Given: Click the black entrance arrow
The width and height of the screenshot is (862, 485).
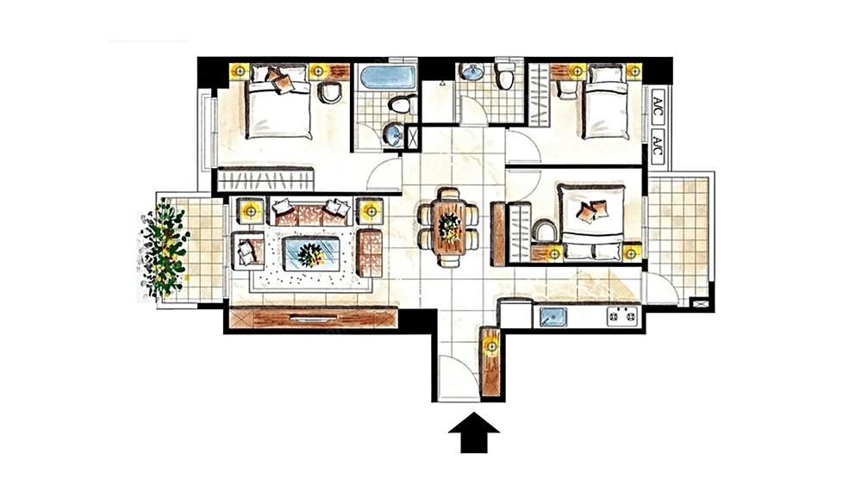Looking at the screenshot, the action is click(474, 432).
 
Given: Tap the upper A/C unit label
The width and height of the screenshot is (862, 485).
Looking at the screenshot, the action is click(658, 104).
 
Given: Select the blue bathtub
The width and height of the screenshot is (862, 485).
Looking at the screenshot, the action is click(387, 77).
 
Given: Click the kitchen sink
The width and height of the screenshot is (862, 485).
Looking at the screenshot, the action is click(553, 317).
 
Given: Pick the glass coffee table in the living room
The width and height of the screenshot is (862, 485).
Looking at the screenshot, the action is click(310, 252).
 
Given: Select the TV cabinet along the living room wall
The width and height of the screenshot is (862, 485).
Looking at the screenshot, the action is click(314, 319).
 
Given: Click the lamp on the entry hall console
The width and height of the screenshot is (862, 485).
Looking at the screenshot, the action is click(491, 346).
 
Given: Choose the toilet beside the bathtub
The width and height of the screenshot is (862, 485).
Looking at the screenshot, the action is click(403, 104).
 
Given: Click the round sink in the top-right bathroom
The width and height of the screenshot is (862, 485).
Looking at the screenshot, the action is click(472, 72).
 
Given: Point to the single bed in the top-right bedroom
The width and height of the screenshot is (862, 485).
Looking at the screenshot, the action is click(605, 102).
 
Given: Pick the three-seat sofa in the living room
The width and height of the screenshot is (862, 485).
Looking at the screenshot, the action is click(310, 211).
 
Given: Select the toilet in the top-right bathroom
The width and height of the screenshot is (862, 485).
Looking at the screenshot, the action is click(504, 75).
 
